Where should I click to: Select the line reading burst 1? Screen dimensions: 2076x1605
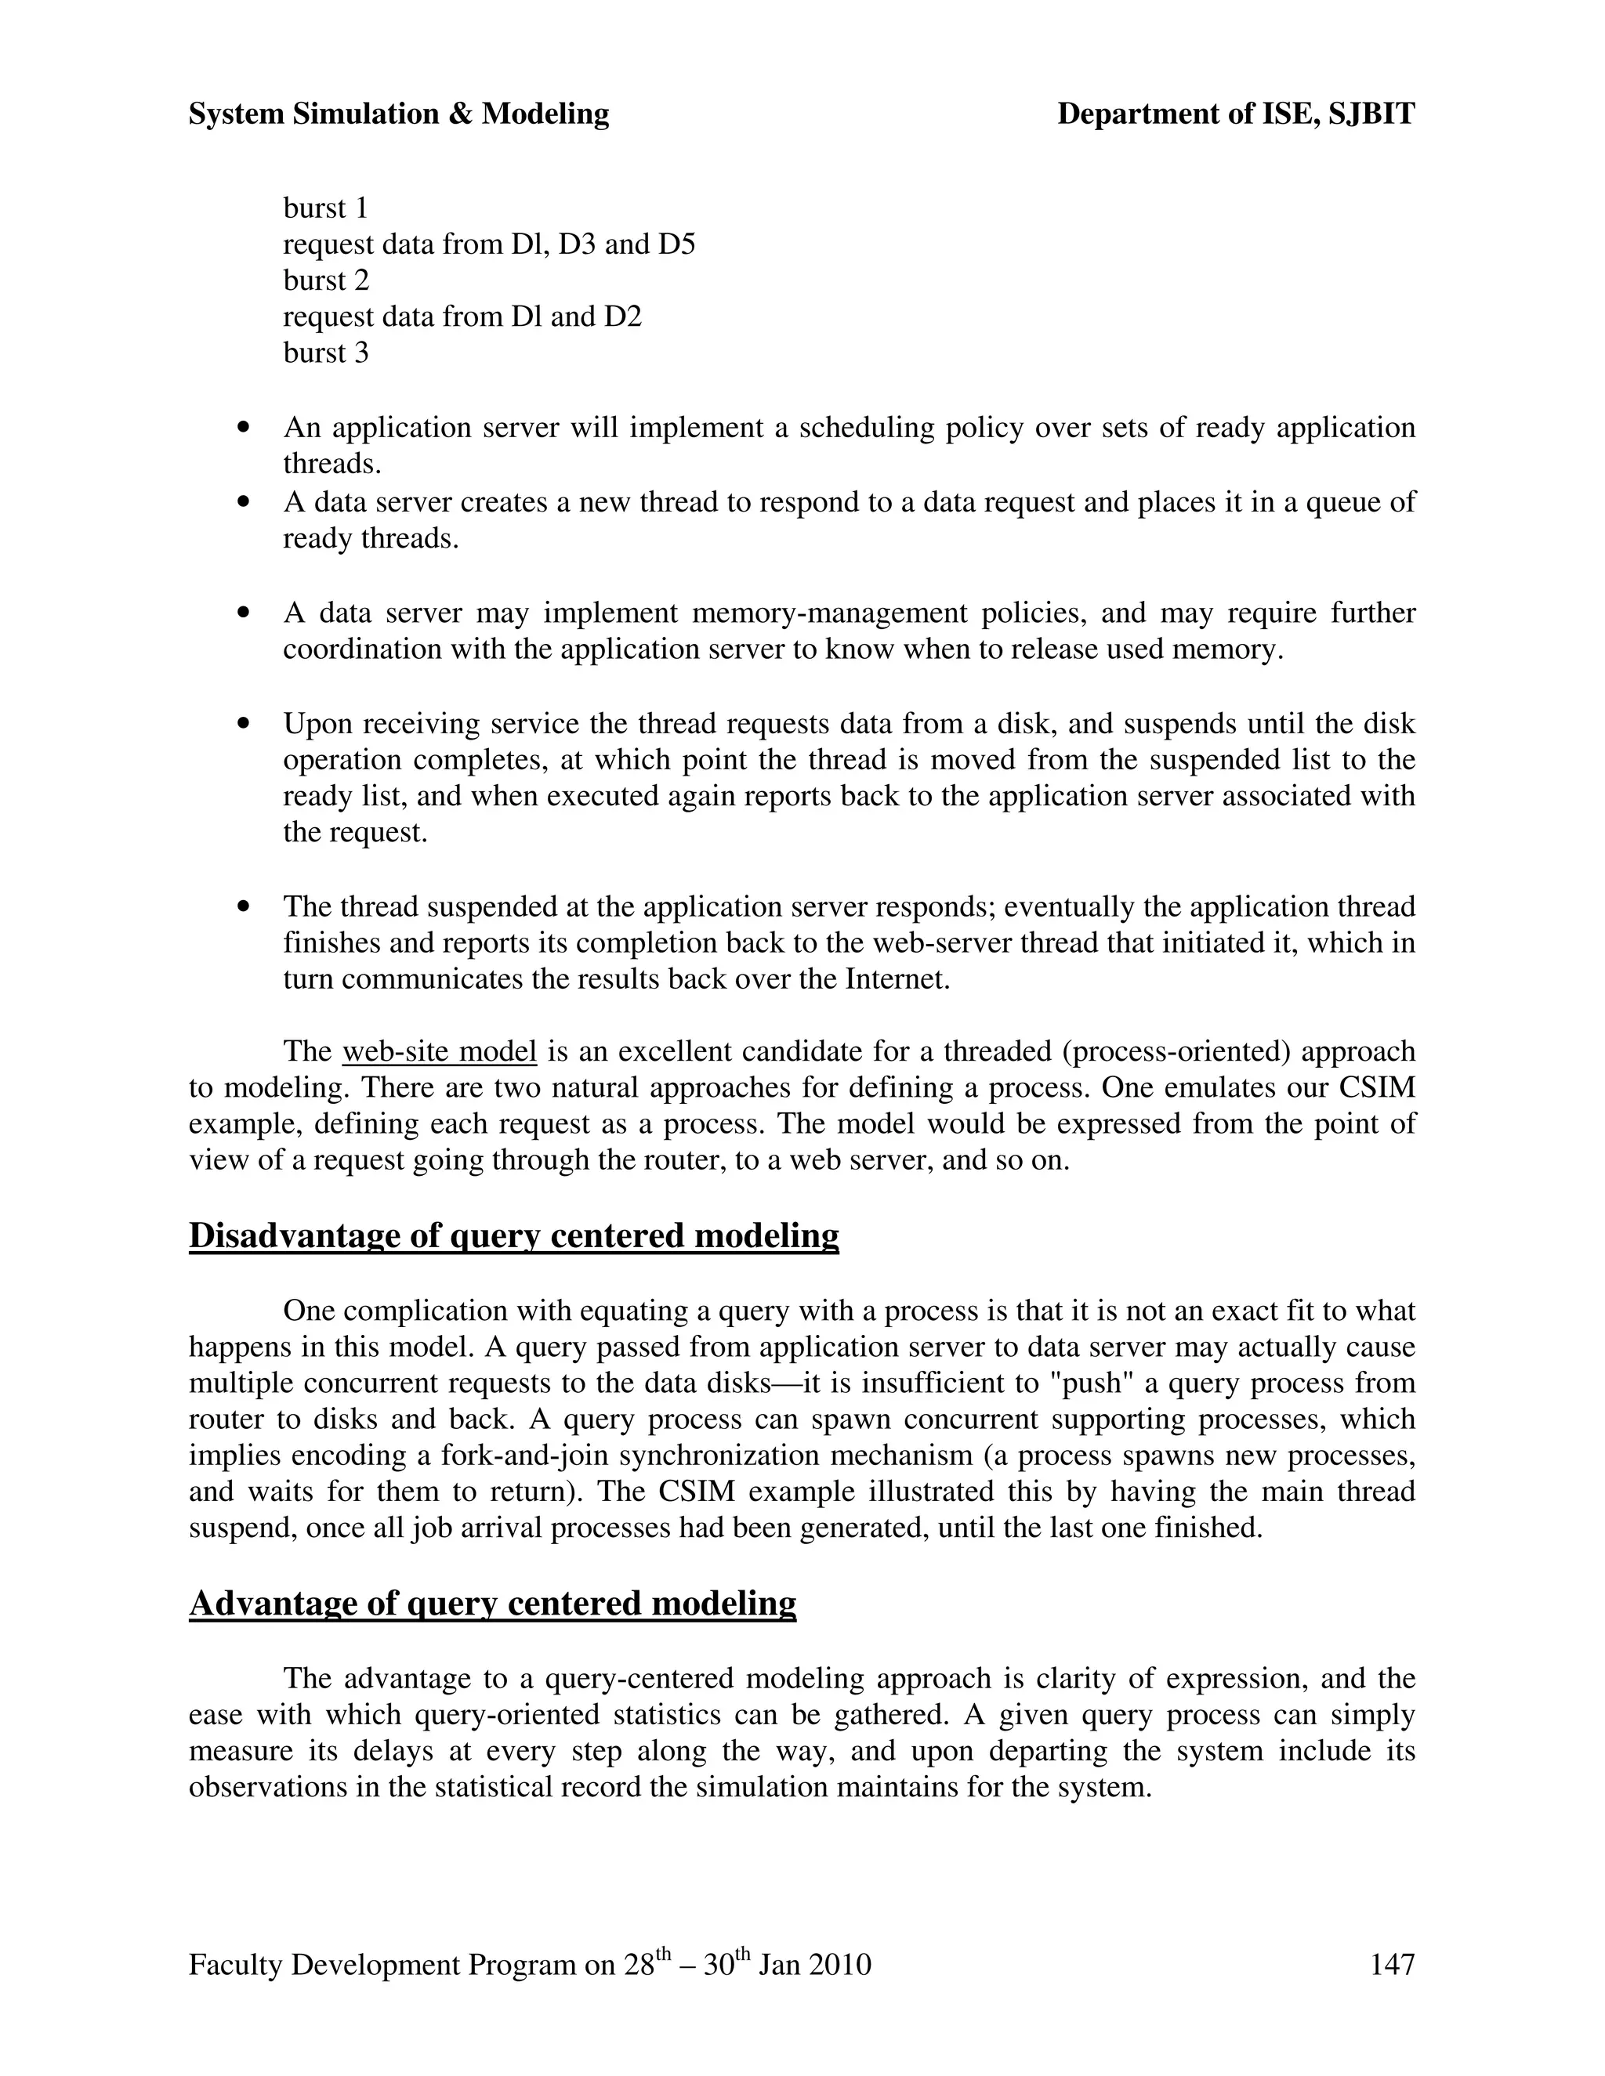coord(325,208)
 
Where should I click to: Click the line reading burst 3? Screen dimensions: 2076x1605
coord(325,353)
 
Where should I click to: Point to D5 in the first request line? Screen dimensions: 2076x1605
coord(676,244)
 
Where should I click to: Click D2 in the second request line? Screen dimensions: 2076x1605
coord(623,316)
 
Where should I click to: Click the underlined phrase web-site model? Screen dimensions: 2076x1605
coord(440,1051)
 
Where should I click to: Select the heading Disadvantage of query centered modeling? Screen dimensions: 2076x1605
coord(513,1235)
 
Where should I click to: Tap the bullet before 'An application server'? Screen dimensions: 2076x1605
coord(245,428)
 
